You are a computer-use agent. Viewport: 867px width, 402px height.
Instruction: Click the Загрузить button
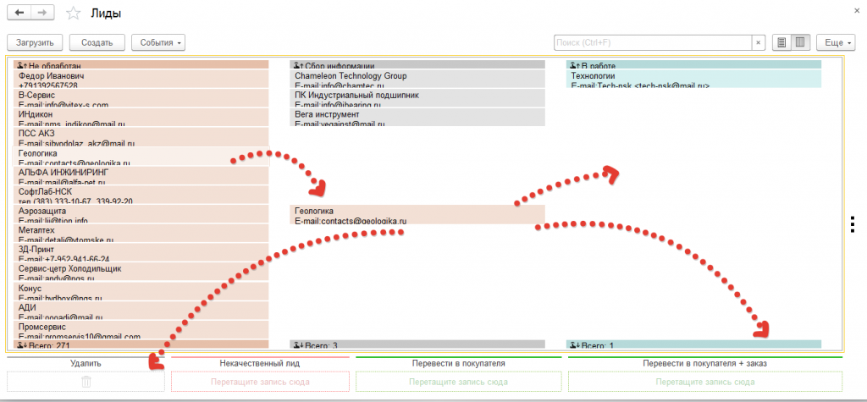click(35, 42)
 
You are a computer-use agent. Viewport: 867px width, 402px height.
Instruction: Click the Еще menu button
click(838, 42)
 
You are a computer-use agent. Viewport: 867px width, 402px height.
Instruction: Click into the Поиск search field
click(652, 42)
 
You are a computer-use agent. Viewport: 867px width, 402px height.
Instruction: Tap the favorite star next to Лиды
click(73, 14)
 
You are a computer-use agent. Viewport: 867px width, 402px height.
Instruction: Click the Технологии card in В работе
click(693, 80)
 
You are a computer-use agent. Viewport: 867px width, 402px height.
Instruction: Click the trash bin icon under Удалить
click(86, 382)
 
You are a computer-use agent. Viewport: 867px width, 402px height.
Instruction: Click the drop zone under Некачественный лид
click(260, 382)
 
